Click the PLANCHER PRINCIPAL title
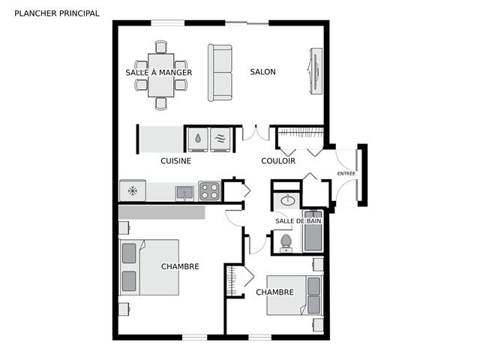coord(57,13)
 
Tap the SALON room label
coord(262,72)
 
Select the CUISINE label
coord(175,161)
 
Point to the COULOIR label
coord(278,161)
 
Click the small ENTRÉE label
coord(346,173)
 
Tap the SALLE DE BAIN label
coord(298,221)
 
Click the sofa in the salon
coord(220,73)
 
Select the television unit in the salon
coord(315,71)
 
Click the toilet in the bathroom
coord(286,243)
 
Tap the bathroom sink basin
coord(288,200)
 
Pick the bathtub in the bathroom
coord(313,231)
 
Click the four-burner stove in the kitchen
coord(209,191)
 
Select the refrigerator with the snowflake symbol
coord(133,190)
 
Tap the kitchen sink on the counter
coord(184,193)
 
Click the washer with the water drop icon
coord(198,139)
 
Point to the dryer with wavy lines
coord(220,139)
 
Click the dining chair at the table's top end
coord(161,47)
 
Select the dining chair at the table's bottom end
coord(161,103)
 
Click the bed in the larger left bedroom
coord(149,268)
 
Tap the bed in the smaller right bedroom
coord(295,295)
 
